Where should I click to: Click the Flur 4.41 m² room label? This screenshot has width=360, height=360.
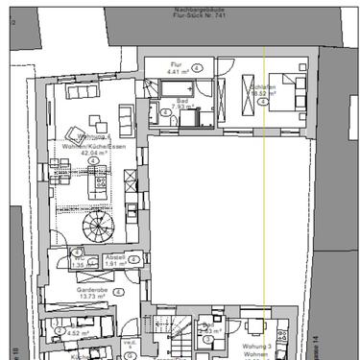176,67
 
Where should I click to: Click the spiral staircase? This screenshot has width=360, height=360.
98,228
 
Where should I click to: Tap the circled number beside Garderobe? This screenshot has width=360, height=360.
118,290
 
